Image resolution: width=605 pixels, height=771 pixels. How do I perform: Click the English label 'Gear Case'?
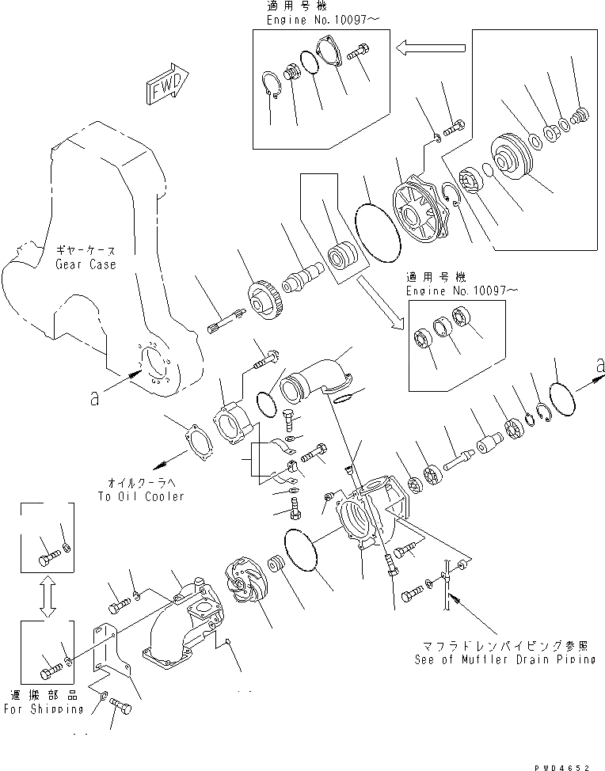(x=86, y=264)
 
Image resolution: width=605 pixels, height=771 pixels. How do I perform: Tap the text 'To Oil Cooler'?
(x=140, y=496)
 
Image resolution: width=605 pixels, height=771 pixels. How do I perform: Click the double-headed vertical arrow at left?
(x=47, y=594)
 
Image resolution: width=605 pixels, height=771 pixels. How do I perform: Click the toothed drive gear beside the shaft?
(x=263, y=299)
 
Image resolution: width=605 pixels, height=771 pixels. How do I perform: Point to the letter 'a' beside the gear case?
(x=94, y=400)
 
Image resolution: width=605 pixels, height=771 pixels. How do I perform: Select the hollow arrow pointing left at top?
(x=422, y=50)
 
